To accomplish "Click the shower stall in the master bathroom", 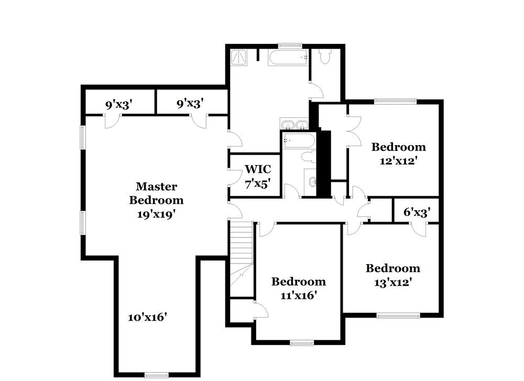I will [238, 57].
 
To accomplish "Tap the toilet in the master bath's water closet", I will [325, 57].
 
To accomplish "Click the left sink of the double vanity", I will [287, 125].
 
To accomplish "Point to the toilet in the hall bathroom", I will [308, 157].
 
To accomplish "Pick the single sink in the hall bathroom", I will [312, 182].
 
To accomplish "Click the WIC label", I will [258, 169].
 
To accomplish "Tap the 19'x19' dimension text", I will [157, 213].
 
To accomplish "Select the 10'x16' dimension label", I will [148, 317].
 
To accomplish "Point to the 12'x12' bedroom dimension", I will [398, 161].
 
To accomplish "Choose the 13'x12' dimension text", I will [392, 282].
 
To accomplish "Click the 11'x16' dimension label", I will [298, 296].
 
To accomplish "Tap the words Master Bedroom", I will [157, 193].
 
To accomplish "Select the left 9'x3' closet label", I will [118, 104].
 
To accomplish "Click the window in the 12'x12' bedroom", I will [395, 101].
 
